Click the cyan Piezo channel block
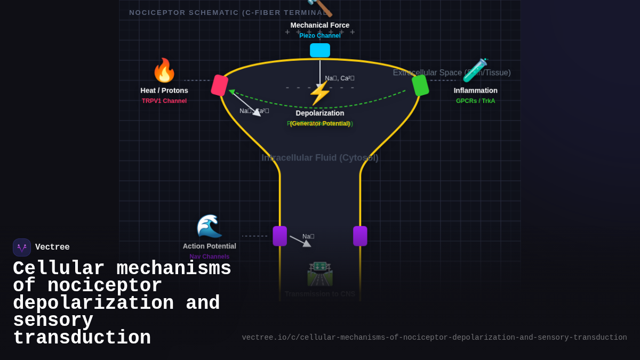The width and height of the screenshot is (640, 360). (x=320, y=50)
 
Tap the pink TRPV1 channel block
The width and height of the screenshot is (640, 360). (x=219, y=85)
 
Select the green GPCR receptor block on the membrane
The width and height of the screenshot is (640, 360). (x=420, y=85)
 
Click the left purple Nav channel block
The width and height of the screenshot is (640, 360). (x=279, y=236)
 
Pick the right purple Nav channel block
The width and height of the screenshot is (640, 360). (x=360, y=236)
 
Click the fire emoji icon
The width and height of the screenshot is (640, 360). (x=164, y=70)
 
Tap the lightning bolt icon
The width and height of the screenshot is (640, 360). (x=319, y=93)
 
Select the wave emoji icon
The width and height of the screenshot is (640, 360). (x=209, y=226)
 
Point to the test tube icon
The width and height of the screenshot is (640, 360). (x=475, y=70)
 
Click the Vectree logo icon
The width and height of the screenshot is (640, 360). (x=22, y=247)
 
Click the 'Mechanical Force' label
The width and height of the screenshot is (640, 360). (x=320, y=25)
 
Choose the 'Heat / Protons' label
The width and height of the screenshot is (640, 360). (x=164, y=91)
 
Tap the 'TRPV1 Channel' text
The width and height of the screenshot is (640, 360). (x=164, y=101)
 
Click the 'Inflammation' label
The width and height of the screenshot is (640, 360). (x=475, y=91)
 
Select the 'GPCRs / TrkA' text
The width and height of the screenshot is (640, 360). (x=475, y=101)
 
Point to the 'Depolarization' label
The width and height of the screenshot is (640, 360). (x=320, y=113)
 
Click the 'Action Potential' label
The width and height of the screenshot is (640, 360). (x=209, y=246)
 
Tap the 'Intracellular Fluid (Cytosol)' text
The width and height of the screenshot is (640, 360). (x=320, y=158)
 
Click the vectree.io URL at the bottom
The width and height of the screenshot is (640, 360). (x=434, y=338)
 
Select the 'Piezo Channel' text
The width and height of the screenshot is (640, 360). (x=320, y=36)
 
